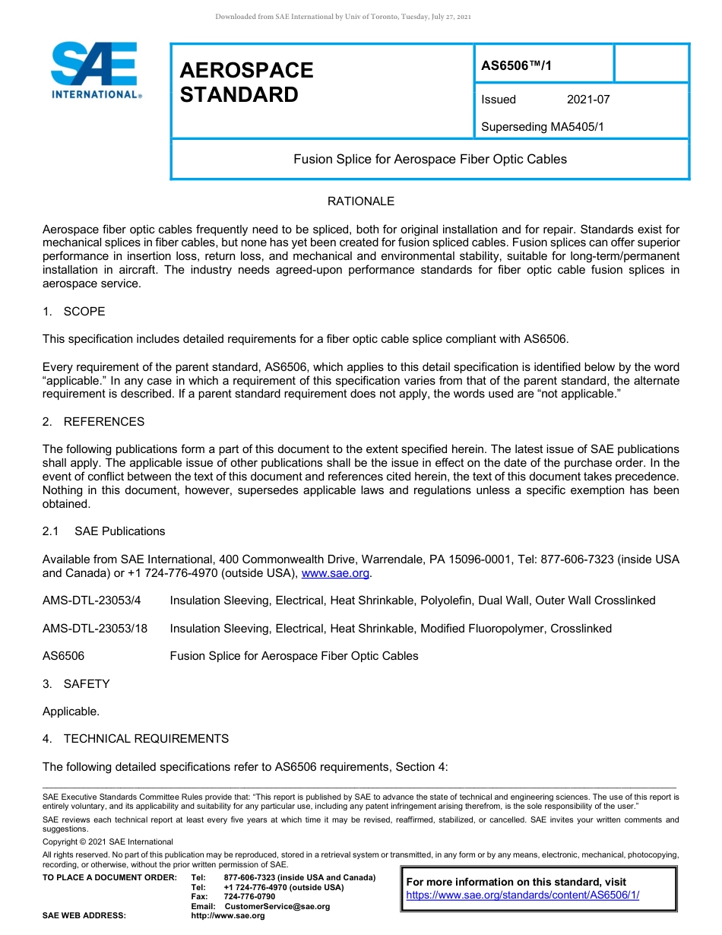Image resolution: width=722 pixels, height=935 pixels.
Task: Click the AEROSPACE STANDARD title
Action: [x=246, y=82]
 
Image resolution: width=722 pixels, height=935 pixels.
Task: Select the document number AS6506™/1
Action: [x=517, y=65]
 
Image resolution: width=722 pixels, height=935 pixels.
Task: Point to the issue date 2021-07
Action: [x=588, y=100]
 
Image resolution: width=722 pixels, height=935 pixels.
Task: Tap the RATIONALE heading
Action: [x=360, y=201]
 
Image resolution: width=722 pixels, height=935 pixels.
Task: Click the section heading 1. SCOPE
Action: [x=74, y=312]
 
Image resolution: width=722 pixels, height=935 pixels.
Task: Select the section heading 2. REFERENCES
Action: [x=93, y=422]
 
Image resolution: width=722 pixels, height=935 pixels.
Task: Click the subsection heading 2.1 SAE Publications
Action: [x=104, y=531]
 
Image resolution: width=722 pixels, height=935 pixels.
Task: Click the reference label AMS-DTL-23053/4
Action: [x=92, y=601]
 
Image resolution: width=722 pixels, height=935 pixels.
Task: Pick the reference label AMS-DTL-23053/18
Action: [x=95, y=629]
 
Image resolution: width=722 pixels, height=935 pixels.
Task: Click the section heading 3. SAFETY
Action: [x=76, y=684]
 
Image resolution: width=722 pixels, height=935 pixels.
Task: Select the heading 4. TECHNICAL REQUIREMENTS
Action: [x=135, y=739]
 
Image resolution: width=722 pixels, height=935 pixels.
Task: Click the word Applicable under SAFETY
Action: [x=71, y=712]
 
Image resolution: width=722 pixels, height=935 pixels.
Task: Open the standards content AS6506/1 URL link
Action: [x=522, y=895]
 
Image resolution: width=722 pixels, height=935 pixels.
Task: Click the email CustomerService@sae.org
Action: [x=277, y=906]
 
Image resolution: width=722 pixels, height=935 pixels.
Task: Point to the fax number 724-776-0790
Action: [x=249, y=897]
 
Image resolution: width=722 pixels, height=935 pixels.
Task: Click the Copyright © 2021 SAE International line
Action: [x=108, y=841]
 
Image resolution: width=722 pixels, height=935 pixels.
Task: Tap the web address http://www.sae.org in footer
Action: [x=228, y=916]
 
